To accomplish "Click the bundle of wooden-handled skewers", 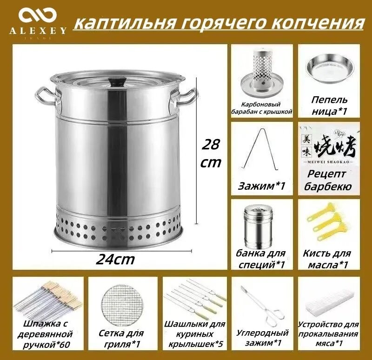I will [x=46, y=300].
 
